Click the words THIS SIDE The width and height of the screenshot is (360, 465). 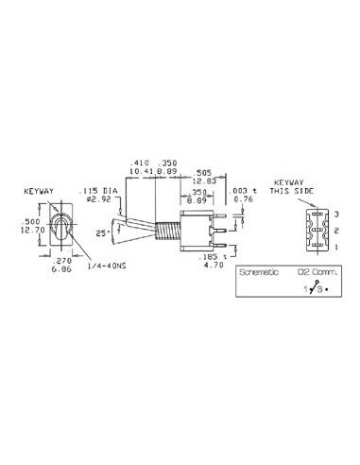click(x=287, y=188)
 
